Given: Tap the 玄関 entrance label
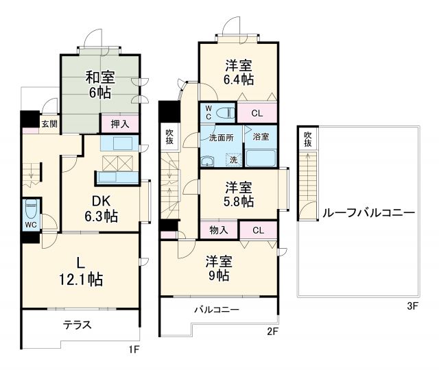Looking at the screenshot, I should (x=49, y=124).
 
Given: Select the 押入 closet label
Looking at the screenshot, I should (x=120, y=124).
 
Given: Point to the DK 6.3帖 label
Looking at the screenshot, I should (x=102, y=208).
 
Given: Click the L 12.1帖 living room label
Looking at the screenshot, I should (x=81, y=271).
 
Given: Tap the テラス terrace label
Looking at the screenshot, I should (x=78, y=325).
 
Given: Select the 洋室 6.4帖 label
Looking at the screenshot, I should (x=239, y=72).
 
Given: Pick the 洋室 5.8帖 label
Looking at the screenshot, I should (x=239, y=194).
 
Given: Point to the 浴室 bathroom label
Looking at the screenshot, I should (x=261, y=137).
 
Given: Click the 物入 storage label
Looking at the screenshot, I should (x=219, y=230).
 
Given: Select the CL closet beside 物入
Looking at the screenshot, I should (x=257, y=230).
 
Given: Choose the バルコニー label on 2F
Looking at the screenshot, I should (x=216, y=310).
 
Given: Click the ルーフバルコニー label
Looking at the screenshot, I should (x=368, y=213).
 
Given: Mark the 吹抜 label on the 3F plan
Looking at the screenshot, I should (x=308, y=139).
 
